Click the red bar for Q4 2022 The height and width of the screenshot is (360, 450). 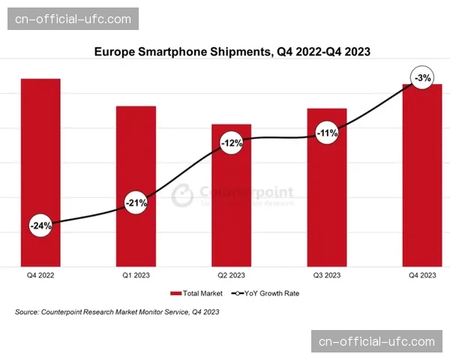point(40,150)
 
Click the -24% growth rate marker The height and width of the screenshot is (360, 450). point(40,225)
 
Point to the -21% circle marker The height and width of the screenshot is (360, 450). point(136,202)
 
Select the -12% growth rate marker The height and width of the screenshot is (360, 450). point(231,142)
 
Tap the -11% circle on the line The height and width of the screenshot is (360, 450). point(327,134)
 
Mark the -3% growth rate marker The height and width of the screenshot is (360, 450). point(422,78)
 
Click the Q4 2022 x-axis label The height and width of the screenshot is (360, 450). point(40,275)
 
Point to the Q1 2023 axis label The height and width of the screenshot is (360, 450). point(136,275)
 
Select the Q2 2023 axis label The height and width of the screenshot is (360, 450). point(231,275)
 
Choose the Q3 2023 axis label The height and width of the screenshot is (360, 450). point(327,275)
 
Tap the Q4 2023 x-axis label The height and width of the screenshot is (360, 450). point(422,275)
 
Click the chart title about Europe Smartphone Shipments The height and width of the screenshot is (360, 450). point(232,52)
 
